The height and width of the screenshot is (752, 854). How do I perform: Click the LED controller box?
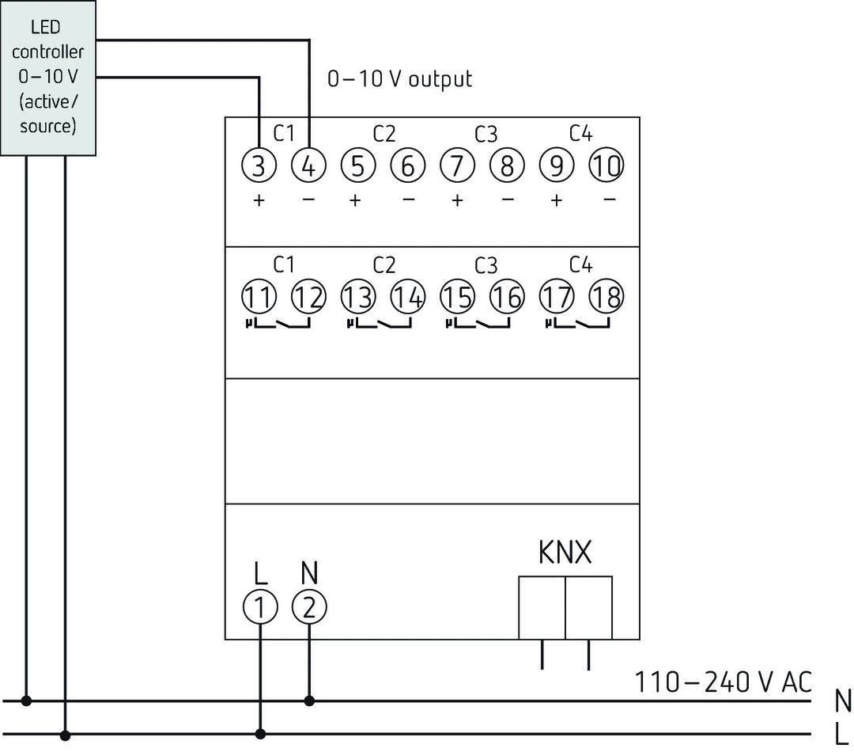(x=48, y=77)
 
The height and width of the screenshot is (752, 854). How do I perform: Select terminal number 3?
(x=259, y=166)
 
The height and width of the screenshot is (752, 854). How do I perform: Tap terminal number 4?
(x=308, y=166)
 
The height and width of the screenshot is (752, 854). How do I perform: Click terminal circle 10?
(x=606, y=166)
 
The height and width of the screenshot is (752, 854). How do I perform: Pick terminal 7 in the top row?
(x=457, y=166)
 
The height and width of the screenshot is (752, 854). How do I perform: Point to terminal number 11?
(x=259, y=297)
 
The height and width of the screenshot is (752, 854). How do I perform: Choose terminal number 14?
(x=407, y=297)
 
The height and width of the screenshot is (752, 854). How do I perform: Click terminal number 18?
(x=606, y=297)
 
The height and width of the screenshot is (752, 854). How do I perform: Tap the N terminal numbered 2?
(x=308, y=607)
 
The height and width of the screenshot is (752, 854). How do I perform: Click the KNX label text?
(x=565, y=553)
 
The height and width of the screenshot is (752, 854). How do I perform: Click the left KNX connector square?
(x=542, y=607)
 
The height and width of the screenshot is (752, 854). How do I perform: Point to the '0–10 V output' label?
(x=400, y=79)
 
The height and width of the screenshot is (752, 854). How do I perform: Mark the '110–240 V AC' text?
(x=724, y=682)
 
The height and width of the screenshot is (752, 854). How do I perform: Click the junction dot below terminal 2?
(x=308, y=701)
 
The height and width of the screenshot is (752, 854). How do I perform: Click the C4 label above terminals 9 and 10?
(x=580, y=134)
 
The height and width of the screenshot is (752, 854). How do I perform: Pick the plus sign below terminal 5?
(x=356, y=201)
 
